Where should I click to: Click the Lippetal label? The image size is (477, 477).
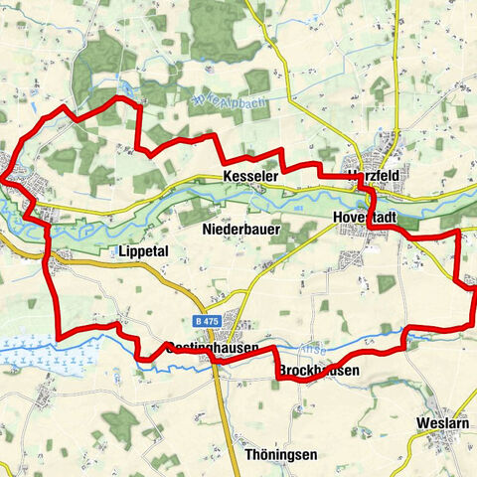click(146, 250)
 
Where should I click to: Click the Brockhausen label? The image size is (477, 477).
click(318, 371)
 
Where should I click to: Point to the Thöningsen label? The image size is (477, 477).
click(280, 454)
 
